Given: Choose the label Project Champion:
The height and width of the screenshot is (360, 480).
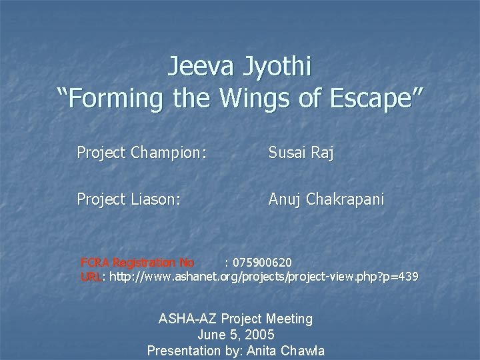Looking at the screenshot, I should pyautogui.click(x=141, y=153).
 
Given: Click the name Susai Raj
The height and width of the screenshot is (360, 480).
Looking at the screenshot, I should pyautogui.click(x=301, y=153).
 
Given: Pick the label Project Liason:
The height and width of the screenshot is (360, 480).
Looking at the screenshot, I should pyautogui.click(x=129, y=199).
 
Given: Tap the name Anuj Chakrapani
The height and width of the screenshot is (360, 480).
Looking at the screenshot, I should pyautogui.click(x=326, y=199).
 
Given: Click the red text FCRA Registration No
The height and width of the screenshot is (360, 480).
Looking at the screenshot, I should pyautogui.click(x=137, y=261).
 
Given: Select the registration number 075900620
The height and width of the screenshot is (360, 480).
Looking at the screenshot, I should pyautogui.click(x=261, y=261).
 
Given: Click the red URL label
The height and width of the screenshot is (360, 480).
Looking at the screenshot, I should pyautogui.click(x=91, y=276).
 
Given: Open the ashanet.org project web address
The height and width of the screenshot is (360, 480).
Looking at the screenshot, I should pyautogui.click(x=264, y=276).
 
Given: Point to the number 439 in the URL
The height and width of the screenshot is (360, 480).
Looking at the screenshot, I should pyautogui.click(x=408, y=276).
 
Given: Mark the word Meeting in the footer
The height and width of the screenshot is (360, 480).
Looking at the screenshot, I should pyautogui.click(x=289, y=319).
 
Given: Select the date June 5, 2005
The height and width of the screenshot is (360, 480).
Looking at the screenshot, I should pyautogui.click(x=236, y=334).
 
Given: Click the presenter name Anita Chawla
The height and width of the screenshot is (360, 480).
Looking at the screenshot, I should pyautogui.click(x=291, y=349).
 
